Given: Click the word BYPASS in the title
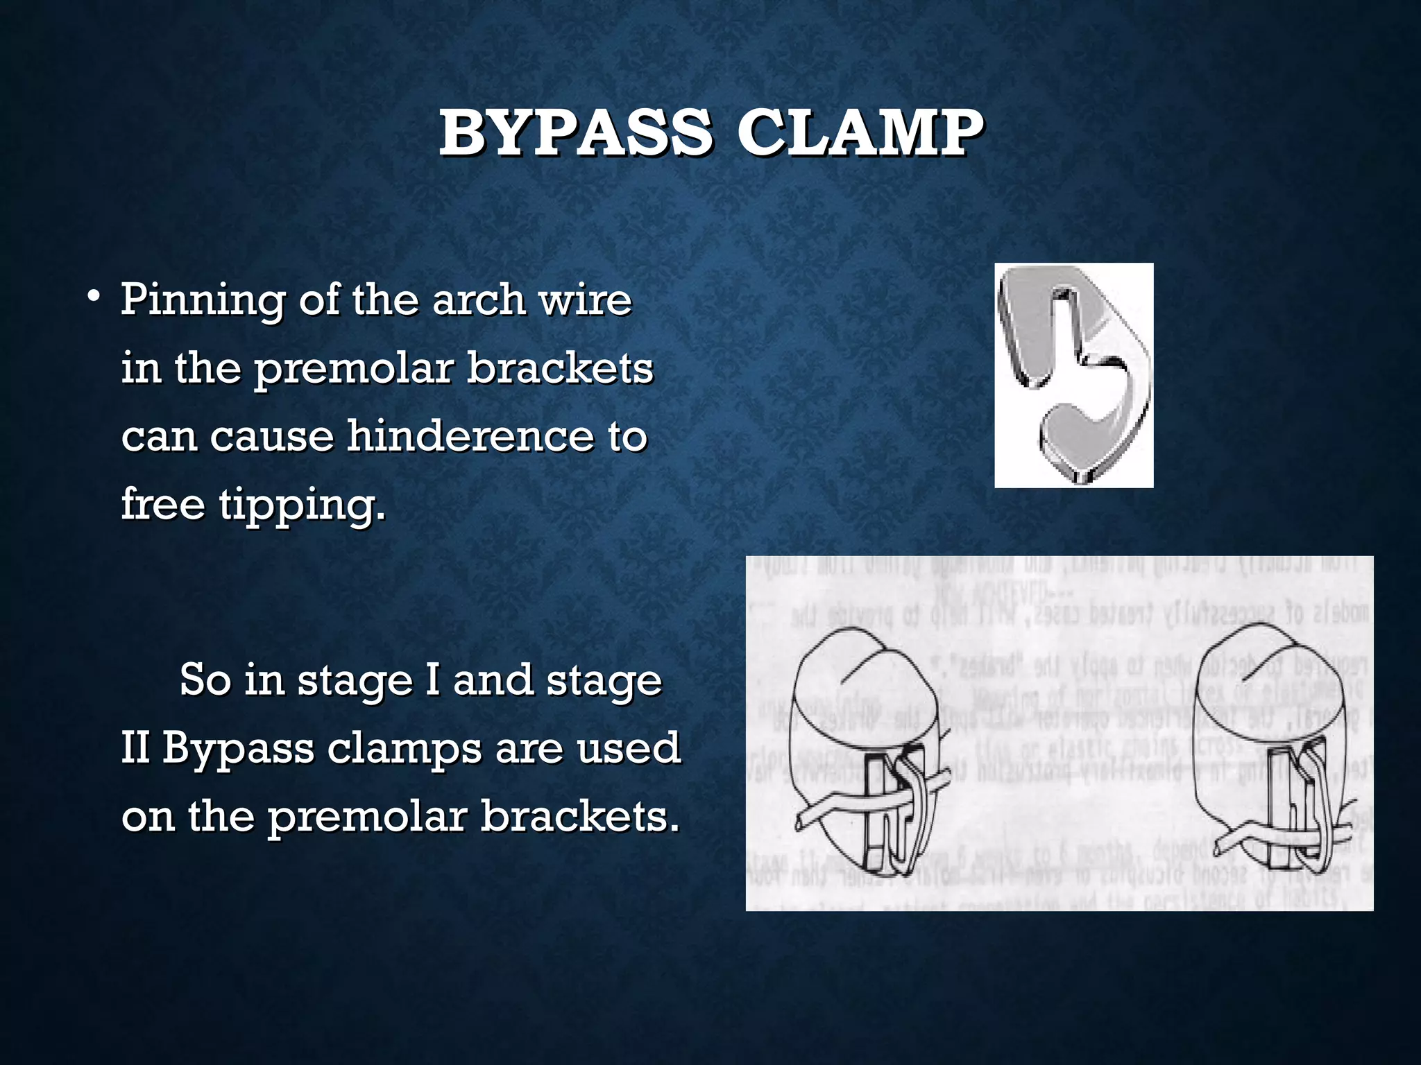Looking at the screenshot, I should tap(575, 133).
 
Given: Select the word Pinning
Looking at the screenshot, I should tap(202, 301).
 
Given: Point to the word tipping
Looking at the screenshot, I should tap(301, 505).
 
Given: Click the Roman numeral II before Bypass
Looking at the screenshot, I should tap(135, 748).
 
